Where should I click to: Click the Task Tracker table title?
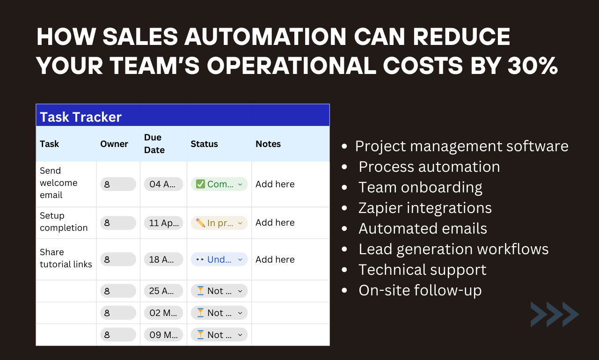point(80,117)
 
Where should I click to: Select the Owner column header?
point(114,144)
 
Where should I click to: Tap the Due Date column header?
point(154,144)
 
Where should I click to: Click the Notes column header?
point(268,144)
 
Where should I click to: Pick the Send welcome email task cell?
point(58,183)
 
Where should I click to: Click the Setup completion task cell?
point(64,222)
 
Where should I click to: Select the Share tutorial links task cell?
point(66,258)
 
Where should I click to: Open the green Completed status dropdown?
point(219,184)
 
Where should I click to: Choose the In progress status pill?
point(219,223)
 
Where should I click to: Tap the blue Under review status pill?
point(219,259)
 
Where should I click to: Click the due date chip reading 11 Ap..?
point(163,223)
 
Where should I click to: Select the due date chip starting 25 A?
point(163,291)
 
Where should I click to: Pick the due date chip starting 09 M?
point(163,335)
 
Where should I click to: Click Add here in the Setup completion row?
point(275,223)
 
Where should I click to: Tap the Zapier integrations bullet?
point(425,208)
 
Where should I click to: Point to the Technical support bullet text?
point(422,270)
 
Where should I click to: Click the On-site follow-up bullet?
point(420,290)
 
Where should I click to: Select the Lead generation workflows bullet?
point(453,249)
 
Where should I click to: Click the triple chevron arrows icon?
point(555,314)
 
